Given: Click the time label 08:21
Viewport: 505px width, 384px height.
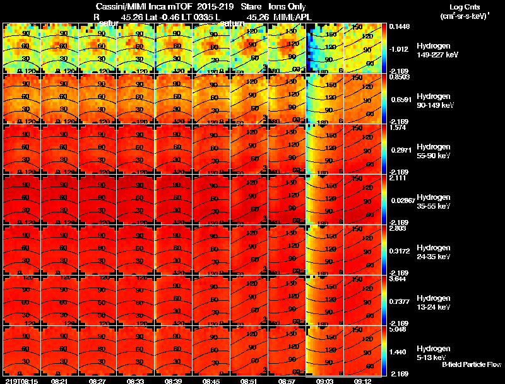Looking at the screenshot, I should pos(59,381).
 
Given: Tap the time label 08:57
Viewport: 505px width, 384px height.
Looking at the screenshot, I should pos(287,381).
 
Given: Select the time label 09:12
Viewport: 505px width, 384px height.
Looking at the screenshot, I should pos(362,381).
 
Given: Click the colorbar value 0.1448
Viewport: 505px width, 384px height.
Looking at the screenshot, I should pos(399,26).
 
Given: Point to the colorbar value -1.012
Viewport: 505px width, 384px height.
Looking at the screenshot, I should pos(400,49).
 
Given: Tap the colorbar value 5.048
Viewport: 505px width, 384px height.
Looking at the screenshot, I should pos(399,329).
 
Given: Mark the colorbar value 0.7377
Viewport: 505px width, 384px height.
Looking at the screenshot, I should pos(400,301).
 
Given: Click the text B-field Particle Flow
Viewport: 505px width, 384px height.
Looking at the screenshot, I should pos(471,364).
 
